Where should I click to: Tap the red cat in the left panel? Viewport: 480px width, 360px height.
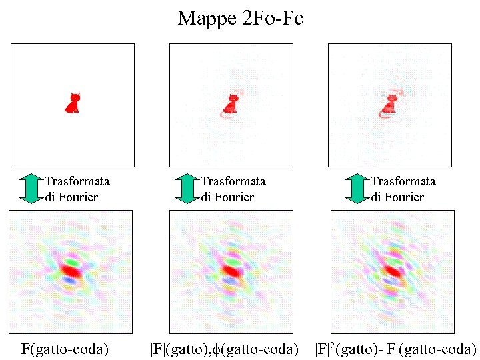tap(73, 103)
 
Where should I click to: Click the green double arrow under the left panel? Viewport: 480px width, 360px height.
tap(31, 189)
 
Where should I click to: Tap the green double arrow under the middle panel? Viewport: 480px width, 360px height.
tap(187, 189)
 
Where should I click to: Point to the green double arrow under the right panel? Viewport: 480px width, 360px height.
tap(357, 189)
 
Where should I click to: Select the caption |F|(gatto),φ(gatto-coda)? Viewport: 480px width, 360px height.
tap(223, 348)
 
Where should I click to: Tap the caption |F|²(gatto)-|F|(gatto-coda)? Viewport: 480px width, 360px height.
tap(395, 348)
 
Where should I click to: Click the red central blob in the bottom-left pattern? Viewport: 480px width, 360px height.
tap(71, 271)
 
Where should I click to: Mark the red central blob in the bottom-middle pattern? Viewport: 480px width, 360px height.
tap(231, 270)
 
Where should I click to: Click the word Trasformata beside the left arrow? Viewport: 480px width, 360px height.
tap(77, 181)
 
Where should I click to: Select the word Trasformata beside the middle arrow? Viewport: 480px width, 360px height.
tap(233, 181)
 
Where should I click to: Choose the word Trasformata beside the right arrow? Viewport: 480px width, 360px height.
tap(403, 181)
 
